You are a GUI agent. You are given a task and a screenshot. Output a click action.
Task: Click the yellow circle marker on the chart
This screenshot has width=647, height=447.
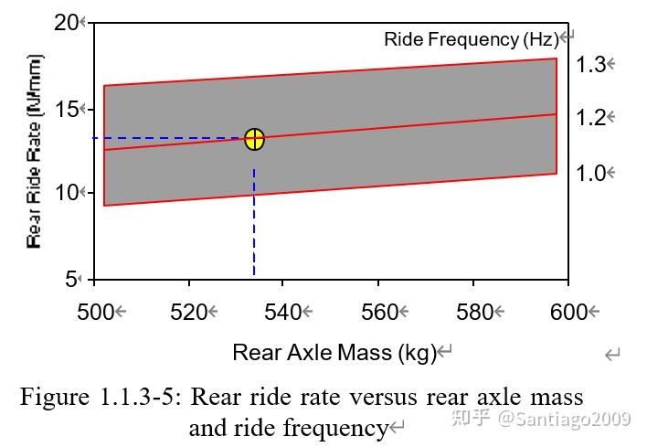[254, 139]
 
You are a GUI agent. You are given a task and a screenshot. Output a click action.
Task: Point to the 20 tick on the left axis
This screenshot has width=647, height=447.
[67, 22]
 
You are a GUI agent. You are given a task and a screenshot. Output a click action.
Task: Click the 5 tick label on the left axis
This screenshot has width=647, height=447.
[72, 279]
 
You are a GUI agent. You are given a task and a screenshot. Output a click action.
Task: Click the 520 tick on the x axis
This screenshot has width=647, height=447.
[189, 312]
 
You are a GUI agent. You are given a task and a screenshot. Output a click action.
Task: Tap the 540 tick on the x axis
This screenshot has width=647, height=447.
[283, 312]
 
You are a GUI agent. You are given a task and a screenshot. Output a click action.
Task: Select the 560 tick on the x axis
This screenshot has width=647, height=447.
[379, 312]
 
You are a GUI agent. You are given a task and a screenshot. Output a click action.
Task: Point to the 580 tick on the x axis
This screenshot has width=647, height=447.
[473, 312]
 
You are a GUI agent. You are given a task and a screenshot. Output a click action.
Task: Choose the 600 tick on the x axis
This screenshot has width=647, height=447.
[568, 312]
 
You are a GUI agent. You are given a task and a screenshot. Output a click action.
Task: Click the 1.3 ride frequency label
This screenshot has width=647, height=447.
[591, 65]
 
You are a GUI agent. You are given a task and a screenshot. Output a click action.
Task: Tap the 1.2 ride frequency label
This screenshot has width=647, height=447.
[591, 118]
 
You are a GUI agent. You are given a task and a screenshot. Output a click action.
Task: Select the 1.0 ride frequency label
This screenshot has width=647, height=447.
[591, 174]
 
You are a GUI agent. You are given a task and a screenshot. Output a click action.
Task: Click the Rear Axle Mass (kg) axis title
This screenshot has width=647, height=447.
[334, 352]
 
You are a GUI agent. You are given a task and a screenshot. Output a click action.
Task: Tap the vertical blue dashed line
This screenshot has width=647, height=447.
[254, 219]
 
